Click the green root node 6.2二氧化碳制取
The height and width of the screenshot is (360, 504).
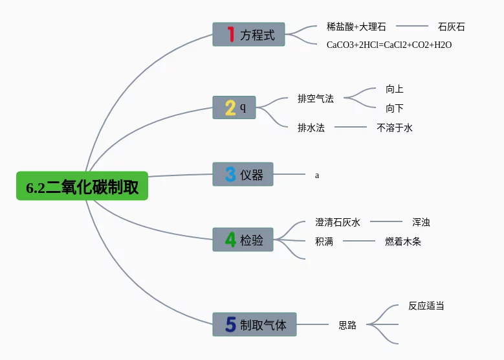(82, 186)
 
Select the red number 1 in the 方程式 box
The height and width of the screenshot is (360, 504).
(230, 34)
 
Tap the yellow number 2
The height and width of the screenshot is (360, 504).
(230, 107)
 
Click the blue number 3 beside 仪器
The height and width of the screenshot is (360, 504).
(230, 174)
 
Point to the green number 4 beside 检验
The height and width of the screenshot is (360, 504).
(230, 240)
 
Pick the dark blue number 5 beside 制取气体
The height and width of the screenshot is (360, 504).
(231, 324)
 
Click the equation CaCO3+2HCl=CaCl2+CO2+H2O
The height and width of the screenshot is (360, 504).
(389, 45)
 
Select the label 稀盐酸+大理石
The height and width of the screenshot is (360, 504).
(356, 27)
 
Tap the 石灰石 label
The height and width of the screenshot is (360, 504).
(452, 27)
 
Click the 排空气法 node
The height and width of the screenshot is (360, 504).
(316, 98)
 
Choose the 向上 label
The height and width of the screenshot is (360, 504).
(395, 89)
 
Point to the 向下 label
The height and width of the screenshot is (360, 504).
(395, 108)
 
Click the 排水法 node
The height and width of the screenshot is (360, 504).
(311, 128)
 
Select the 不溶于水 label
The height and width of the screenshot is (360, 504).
(395, 128)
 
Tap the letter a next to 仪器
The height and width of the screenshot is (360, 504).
(317, 175)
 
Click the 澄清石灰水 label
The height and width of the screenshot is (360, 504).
(338, 222)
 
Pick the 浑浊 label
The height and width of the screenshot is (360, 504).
(421, 222)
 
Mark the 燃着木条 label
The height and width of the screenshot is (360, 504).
(403, 242)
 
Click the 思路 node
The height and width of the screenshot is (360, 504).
(347, 325)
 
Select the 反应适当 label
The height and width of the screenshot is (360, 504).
(426, 306)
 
